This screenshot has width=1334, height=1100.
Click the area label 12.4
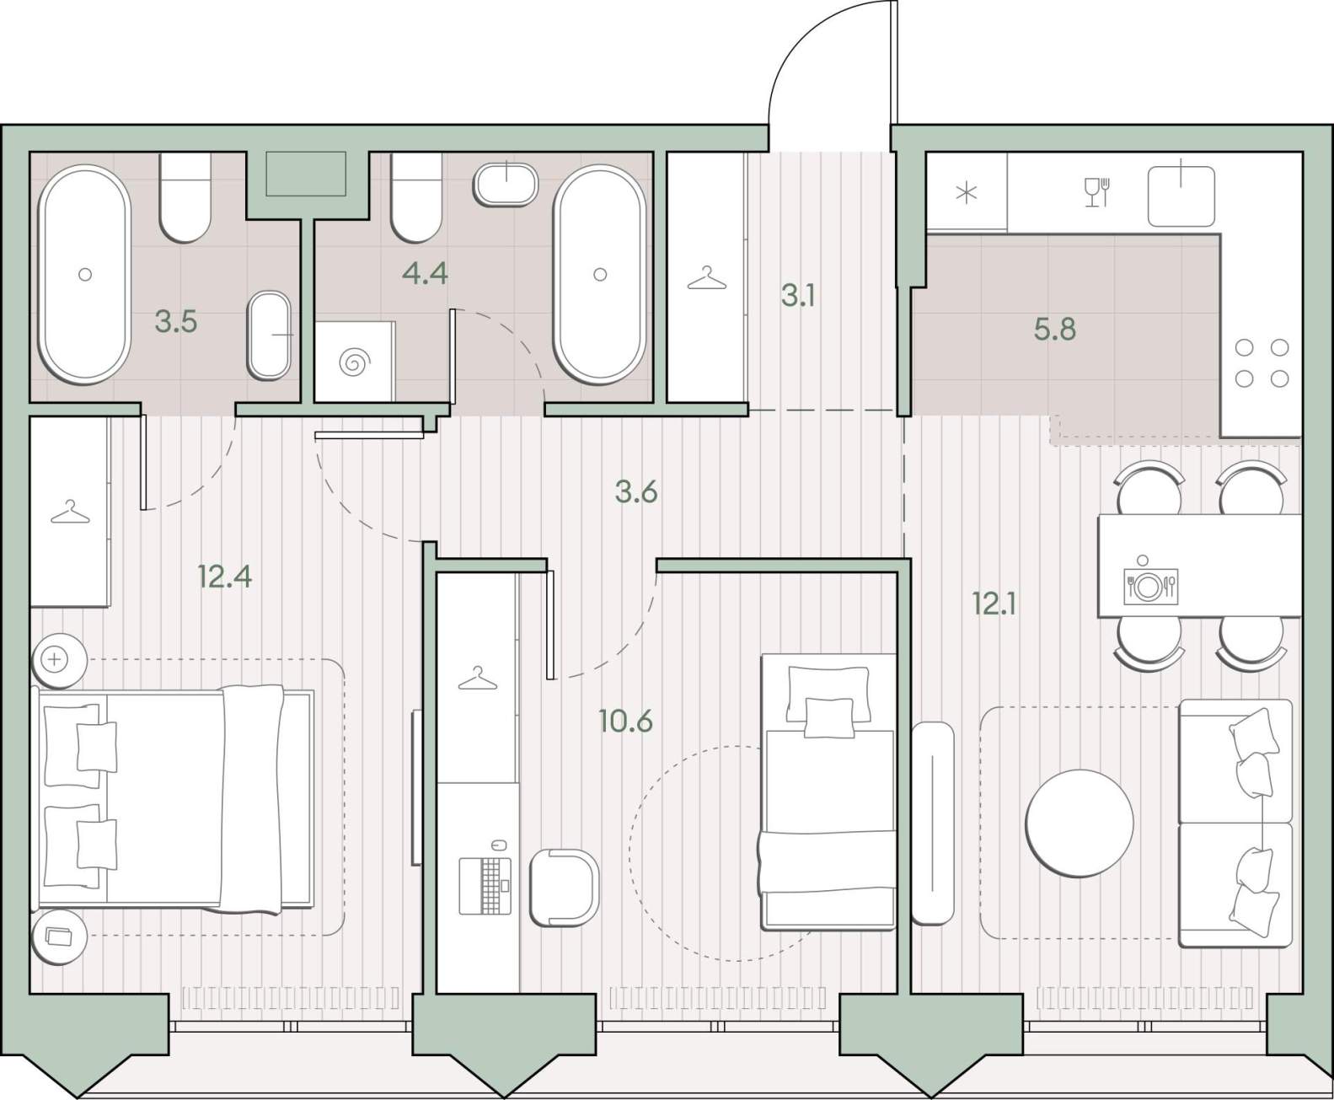coord(225,577)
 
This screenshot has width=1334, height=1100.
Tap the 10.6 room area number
coord(625,722)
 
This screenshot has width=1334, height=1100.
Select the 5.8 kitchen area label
coord(1055,330)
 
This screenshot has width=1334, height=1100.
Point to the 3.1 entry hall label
coord(798,297)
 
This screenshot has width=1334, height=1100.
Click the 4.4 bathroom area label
coord(425,274)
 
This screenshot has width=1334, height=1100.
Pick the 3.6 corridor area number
coord(636,492)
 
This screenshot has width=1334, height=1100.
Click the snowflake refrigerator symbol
coord(966,192)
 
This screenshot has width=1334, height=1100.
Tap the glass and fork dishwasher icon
coord(1097,191)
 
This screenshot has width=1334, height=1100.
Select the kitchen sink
coord(1181,196)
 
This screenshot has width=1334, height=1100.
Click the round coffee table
coord(1080,823)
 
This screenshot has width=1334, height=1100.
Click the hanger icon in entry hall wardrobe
coord(707,279)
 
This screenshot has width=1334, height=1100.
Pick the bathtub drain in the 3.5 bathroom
coord(85,274)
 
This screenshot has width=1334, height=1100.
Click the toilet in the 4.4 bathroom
coord(416,197)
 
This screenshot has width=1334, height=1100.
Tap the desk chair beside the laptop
coord(564,887)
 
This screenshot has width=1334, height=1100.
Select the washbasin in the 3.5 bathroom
coord(270,335)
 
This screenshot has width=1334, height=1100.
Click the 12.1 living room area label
coord(994,604)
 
